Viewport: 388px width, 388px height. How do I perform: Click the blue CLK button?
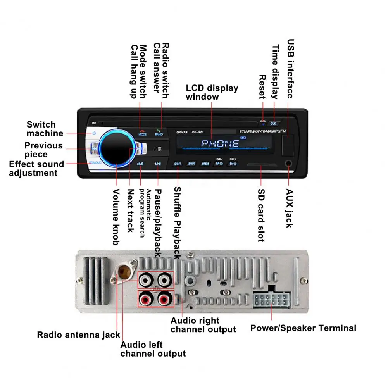click(x=273, y=123)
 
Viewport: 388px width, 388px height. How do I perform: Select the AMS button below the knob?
click(x=140, y=164)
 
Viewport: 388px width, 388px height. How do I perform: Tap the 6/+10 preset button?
click(x=233, y=164)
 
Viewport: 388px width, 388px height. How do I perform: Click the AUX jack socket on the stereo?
click(x=288, y=164)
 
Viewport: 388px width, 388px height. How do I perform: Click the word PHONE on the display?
click(x=220, y=144)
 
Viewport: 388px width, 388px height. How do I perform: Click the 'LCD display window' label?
click(x=212, y=92)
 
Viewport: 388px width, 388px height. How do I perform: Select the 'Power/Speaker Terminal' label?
click(x=303, y=328)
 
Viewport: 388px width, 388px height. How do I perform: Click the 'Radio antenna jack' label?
click(x=78, y=335)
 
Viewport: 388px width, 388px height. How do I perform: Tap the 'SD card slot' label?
click(x=261, y=215)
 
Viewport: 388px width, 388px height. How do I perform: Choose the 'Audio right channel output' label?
click(x=203, y=325)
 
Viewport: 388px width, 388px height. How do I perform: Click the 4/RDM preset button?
click(x=205, y=164)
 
